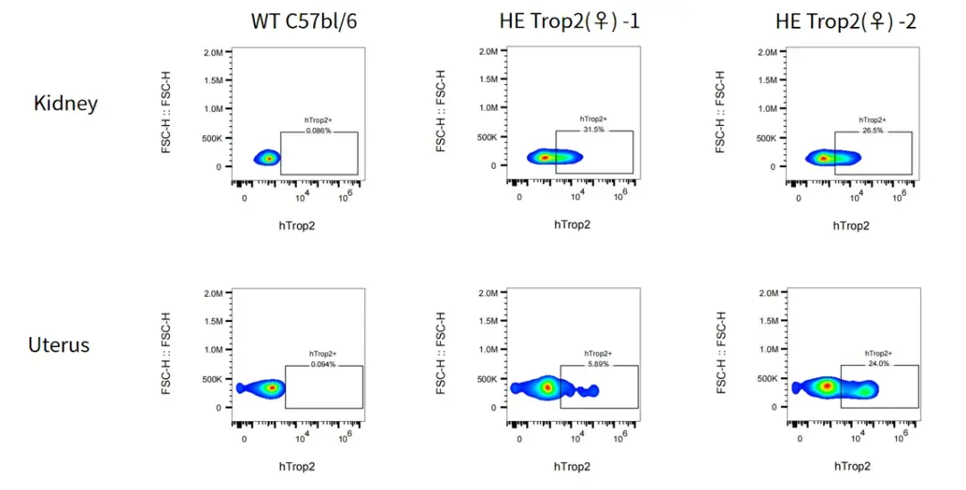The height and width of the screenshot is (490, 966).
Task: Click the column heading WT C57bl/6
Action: coord(305,21)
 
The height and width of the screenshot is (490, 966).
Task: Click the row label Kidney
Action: coord(65,103)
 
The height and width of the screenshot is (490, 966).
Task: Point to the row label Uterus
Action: coord(59,344)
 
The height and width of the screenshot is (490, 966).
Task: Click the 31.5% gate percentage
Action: coord(593,130)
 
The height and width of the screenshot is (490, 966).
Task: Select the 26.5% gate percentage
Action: coord(872,130)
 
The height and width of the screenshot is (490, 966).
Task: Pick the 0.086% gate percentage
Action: coord(318,131)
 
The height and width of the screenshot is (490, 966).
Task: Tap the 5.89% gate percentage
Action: coord(598,364)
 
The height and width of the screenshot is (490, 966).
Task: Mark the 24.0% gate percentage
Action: coord(877,364)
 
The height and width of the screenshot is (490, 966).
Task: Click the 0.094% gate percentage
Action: coord(323,365)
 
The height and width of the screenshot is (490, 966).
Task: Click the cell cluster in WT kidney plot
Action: coord(267,158)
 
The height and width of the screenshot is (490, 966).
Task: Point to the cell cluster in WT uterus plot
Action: coord(268,388)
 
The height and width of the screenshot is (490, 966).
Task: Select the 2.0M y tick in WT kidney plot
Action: coord(212,53)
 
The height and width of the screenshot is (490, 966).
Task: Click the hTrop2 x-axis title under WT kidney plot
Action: coord(297,225)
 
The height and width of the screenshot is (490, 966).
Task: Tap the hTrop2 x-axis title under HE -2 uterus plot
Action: coord(852,467)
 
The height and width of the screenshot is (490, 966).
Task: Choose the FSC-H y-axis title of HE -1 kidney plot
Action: coord(441,112)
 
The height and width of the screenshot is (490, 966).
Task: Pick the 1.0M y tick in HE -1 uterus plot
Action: coord(488,351)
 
